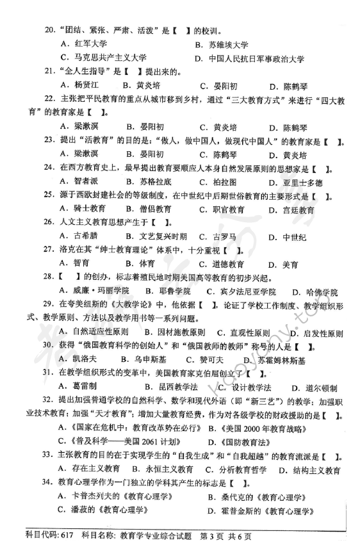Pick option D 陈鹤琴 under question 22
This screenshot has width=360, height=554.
click(x=299, y=127)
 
